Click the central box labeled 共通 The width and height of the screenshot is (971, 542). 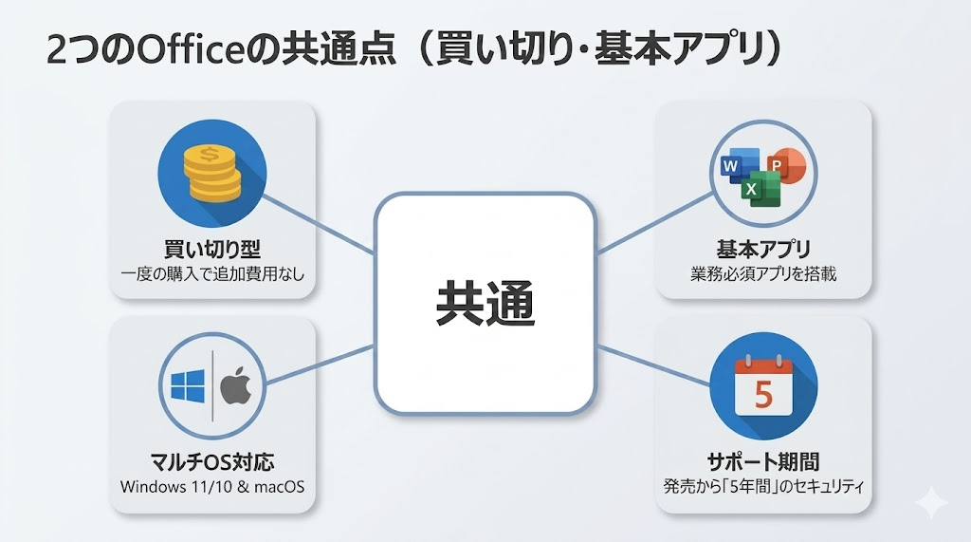point(485,304)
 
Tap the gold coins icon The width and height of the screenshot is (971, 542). point(211,174)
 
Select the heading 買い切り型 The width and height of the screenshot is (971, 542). point(212,250)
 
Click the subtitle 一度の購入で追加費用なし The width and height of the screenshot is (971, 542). point(212,274)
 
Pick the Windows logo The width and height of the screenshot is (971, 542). point(189,386)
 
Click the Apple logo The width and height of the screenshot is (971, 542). point(235,386)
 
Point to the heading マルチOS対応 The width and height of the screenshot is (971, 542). point(212,463)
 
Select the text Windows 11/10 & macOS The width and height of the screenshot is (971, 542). point(212,487)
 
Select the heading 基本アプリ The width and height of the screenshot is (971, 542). point(763,250)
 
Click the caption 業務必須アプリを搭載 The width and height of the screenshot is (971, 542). point(763,274)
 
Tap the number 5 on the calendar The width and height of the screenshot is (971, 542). point(763,391)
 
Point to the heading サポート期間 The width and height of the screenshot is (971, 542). point(763,463)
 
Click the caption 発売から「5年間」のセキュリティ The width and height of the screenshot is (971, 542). point(763,488)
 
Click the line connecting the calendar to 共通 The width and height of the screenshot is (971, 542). point(654,362)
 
